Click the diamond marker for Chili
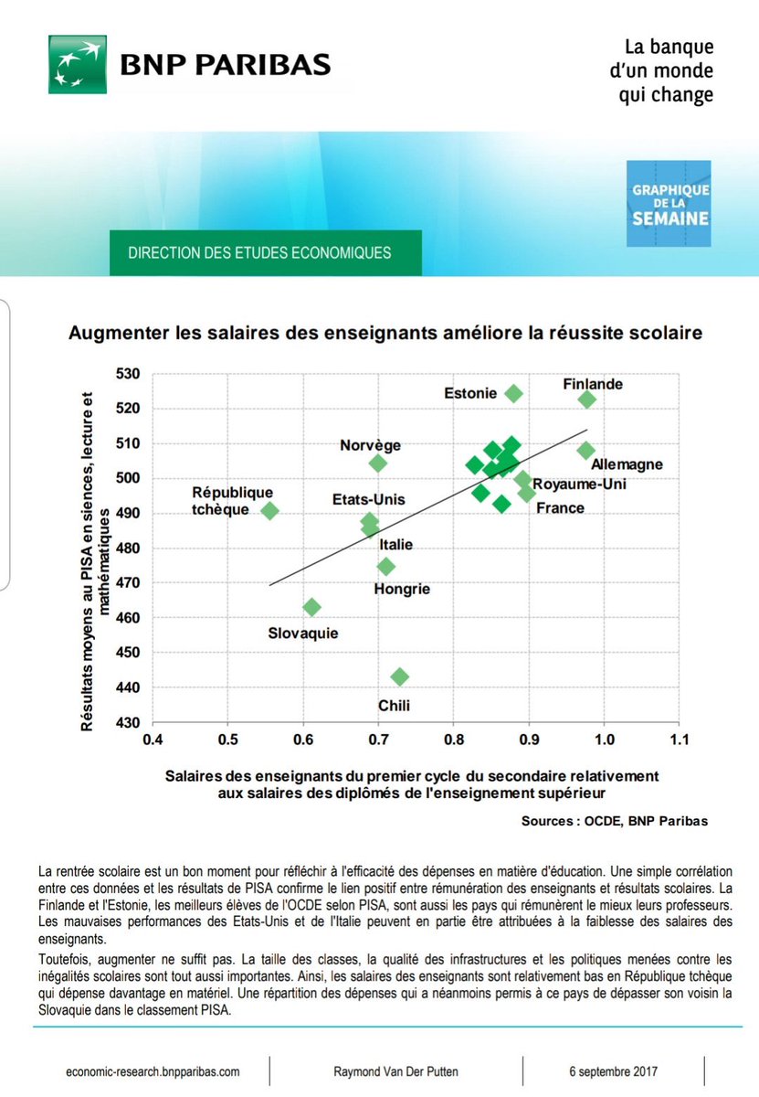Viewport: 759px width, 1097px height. [x=399, y=677]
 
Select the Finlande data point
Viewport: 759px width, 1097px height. [x=587, y=399]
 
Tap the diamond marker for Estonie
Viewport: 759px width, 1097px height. [x=513, y=394]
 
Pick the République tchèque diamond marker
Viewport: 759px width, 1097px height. [x=269, y=511]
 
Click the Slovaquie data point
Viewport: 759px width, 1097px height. [x=311, y=607]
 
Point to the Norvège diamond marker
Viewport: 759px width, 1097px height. [x=378, y=463]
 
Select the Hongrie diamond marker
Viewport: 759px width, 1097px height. [x=386, y=567]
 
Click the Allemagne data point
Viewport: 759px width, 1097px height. [x=586, y=450]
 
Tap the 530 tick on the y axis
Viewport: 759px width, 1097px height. [x=131, y=374]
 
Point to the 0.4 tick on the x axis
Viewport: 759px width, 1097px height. [x=153, y=738]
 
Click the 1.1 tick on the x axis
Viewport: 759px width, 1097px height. [x=679, y=738]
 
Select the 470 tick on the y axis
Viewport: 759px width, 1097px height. [x=131, y=583]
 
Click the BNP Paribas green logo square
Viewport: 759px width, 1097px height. [x=78, y=65]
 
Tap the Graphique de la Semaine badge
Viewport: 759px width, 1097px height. [x=668, y=204]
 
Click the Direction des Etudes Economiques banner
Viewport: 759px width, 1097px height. [x=265, y=252]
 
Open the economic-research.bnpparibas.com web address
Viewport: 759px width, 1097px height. [x=153, y=1071]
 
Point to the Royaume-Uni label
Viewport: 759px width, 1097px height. [x=579, y=484]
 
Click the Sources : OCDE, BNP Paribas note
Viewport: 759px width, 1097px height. [x=615, y=821]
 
